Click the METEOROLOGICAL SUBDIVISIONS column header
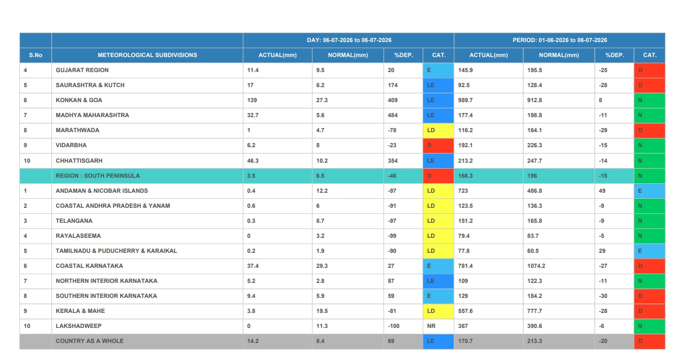coord(147,55)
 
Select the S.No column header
coord(36,55)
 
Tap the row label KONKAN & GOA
coord(79,100)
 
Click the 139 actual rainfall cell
coord(252,100)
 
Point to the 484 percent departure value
coord(393,115)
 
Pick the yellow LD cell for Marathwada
coord(438,130)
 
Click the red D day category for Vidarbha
coord(438,145)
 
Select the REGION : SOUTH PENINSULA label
coord(98,176)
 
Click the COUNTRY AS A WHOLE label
coord(90,341)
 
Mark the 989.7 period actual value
coord(465,100)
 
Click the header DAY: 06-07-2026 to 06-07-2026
coord(349,40)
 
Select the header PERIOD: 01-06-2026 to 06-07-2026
coord(560,40)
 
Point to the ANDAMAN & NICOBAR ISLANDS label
coord(102,191)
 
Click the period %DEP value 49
coord(602,191)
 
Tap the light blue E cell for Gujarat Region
coord(438,70)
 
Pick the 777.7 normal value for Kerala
coord(534,311)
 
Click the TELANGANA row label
coord(74,221)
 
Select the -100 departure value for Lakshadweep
coord(394,326)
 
